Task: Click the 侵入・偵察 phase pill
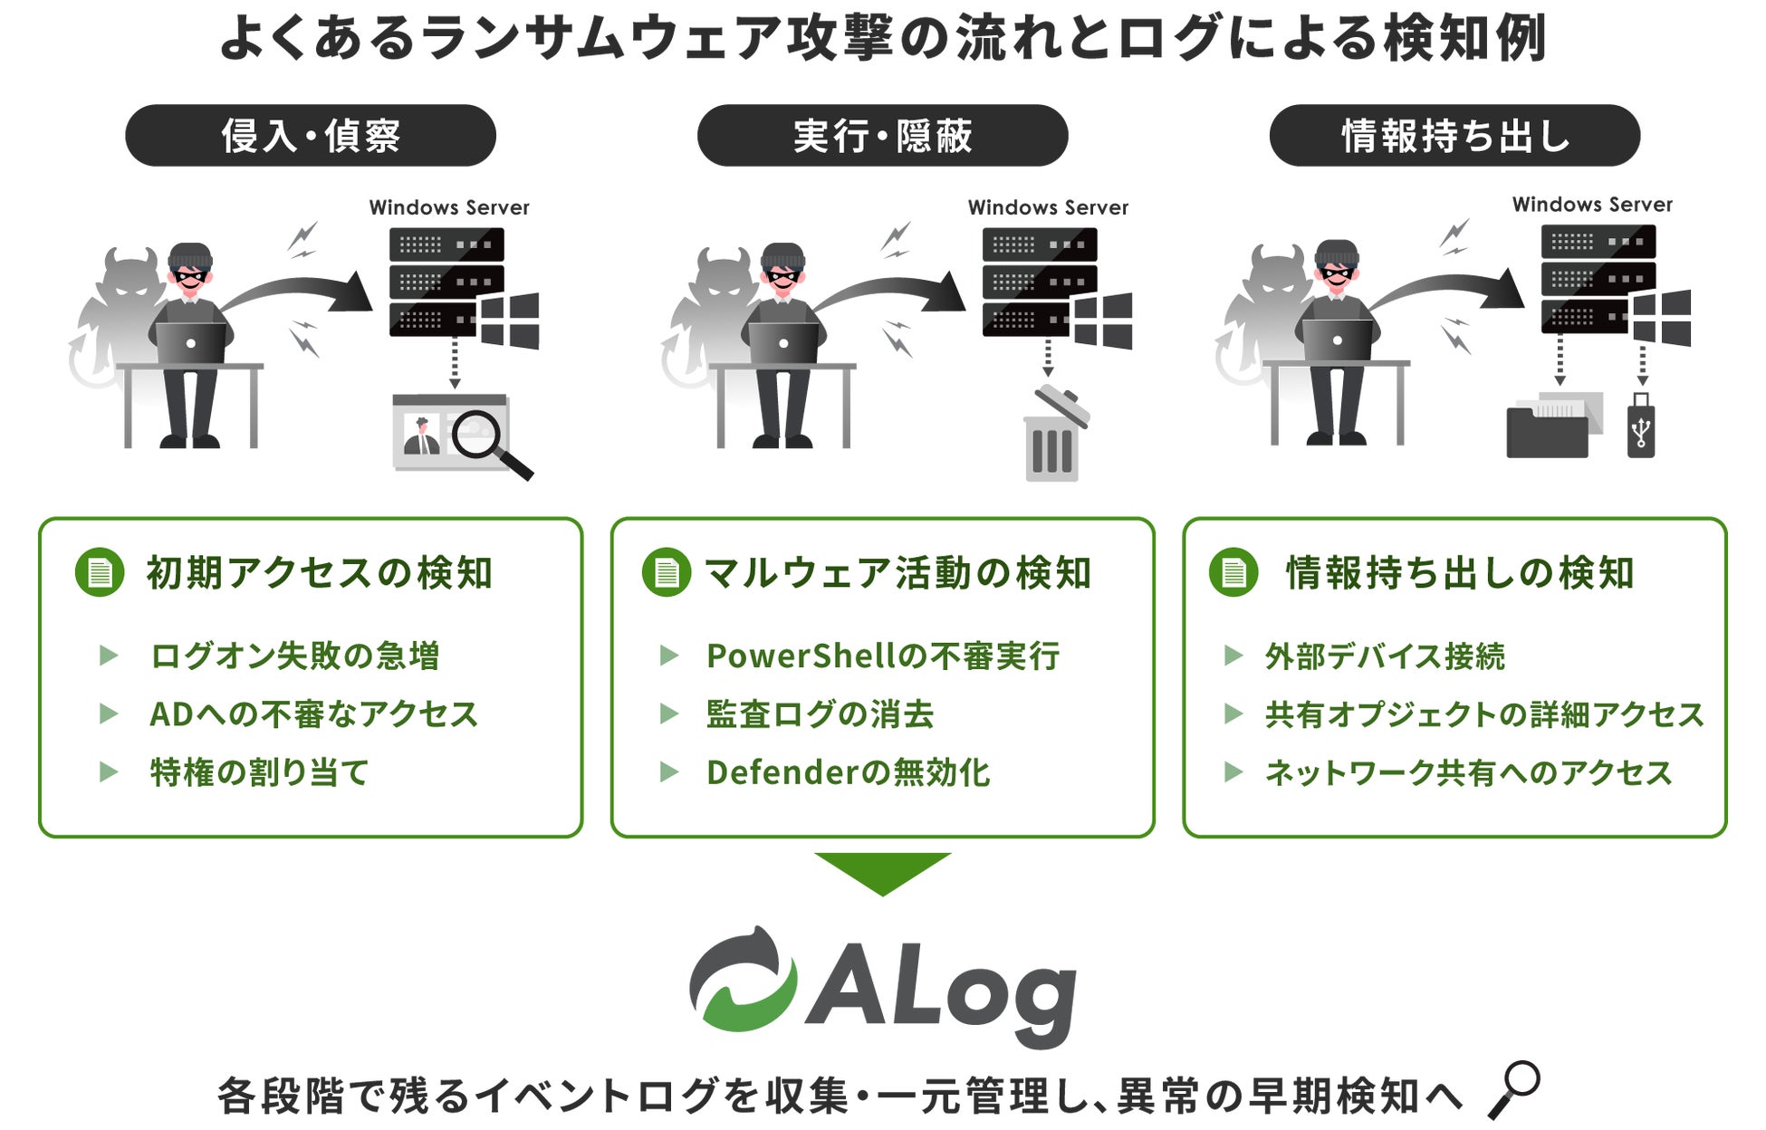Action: [311, 136]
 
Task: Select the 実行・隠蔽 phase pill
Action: [882, 136]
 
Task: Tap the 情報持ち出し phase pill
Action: [1454, 136]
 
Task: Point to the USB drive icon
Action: [1641, 426]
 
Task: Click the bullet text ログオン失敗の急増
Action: [294, 656]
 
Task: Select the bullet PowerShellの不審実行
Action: [883, 656]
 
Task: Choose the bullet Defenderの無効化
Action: [848, 772]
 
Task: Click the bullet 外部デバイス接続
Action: [1385, 656]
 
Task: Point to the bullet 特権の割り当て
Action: [259, 772]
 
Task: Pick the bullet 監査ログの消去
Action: [820, 714]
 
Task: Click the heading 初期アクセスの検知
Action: [319, 573]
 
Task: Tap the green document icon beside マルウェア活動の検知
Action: [667, 572]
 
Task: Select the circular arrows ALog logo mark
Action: [744, 979]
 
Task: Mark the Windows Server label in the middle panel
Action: [1048, 207]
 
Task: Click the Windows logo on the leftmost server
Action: [510, 321]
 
